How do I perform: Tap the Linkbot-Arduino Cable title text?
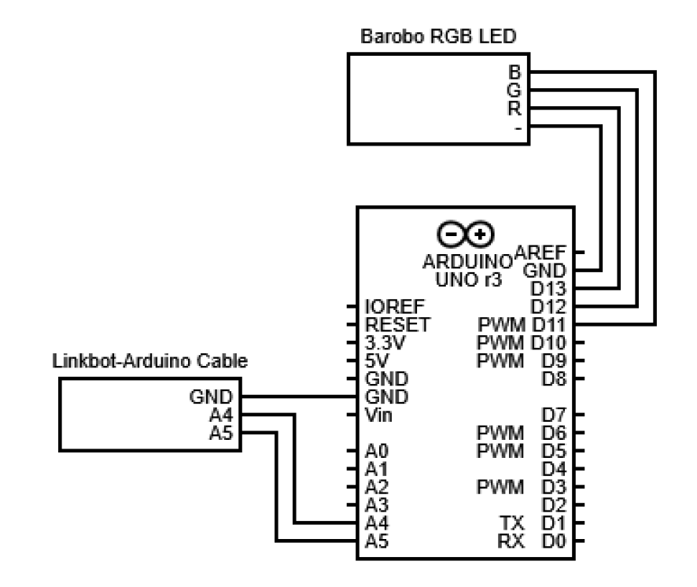(149, 362)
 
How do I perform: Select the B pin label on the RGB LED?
(515, 72)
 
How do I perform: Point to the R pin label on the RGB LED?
(515, 108)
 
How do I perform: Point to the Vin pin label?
(378, 415)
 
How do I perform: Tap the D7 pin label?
(551, 414)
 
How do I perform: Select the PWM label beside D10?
(502, 343)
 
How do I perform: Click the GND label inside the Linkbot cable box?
(217, 397)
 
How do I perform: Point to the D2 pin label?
(551, 505)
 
